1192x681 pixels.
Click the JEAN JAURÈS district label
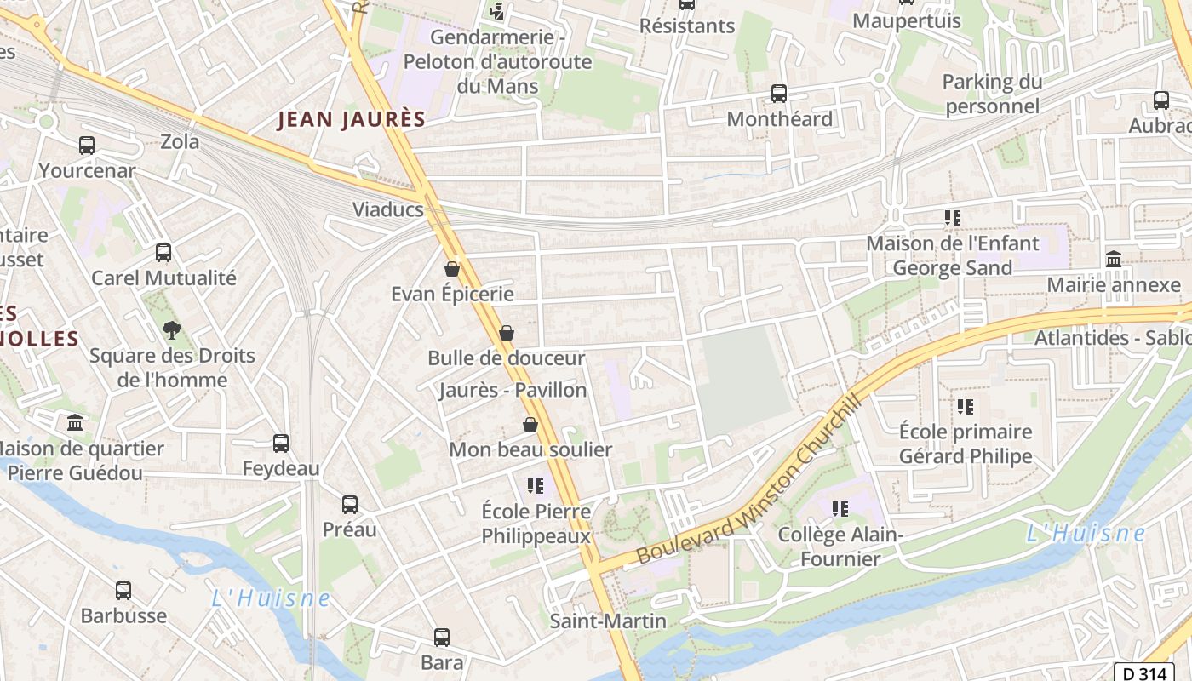pyautogui.click(x=351, y=120)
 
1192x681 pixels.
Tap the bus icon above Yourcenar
pyautogui.click(x=87, y=146)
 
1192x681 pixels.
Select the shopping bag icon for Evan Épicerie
pyautogui.click(x=452, y=269)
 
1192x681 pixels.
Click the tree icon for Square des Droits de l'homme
pyautogui.click(x=171, y=329)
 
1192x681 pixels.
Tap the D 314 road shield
pyautogui.click(x=1143, y=672)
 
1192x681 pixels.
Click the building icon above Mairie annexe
pyautogui.click(x=1113, y=259)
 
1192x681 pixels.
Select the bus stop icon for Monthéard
pyautogui.click(x=778, y=94)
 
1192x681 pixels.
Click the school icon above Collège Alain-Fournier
pyautogui.click(x=840, y=509)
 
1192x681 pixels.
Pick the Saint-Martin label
pyautogui.click(x=608, y=621)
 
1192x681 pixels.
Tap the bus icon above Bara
pyautogui.click(x=441, y=637)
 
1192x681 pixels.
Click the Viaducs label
pyautogui.click(x=388, y=209)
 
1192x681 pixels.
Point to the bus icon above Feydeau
pyautogui.click(x=281, y=444)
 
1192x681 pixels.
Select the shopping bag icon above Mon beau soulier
pyautogui.click(x=530, y=424)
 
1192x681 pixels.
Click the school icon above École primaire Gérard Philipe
pyautogui.click(x=965, y=407)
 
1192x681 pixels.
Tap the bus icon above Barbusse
pyautogui.click(x=123, y=590)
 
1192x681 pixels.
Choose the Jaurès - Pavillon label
pyautogui.click(x=513, y=391)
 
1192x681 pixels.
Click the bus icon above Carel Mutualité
pyautogui.click(x=163, y=253)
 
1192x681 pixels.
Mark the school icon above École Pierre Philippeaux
pyautogui.click(x=535, y=486)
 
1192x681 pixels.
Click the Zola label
pyautogui.click(x=180, y=141)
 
